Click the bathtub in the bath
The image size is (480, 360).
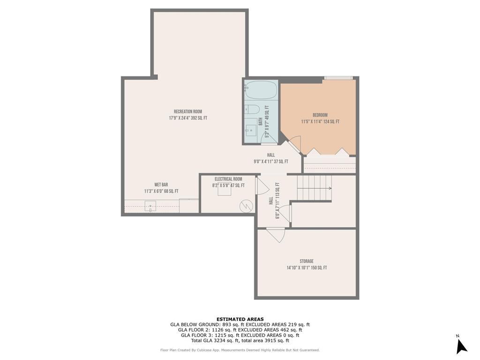(x=261, y=89)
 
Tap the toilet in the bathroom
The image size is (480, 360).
(x=252, y=110)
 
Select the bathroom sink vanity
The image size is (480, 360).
(x=251, y=127)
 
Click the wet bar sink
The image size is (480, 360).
(x=150, y=206)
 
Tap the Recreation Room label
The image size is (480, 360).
(x=187, y=112)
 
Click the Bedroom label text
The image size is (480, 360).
(x=320, y=115)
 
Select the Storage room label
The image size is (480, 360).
(x=307, y=261)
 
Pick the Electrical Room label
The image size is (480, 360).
(x=228, y=179)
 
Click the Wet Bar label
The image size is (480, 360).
(x=161, y=185)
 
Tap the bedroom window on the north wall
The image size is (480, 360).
(x=338, y=78)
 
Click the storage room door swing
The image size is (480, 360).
(x=276, y=234)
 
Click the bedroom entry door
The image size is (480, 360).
(x=292, y=143)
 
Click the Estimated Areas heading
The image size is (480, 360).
(x=240, y=319)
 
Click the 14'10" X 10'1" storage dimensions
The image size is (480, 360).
(x=307, y=268)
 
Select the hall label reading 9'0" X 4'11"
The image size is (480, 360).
(x=270, y=162)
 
